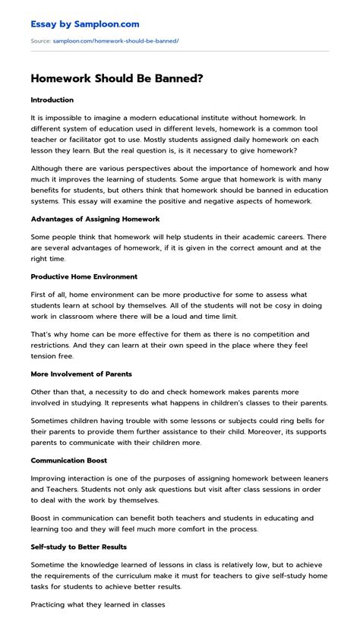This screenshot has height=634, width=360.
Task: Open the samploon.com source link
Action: [115, 40]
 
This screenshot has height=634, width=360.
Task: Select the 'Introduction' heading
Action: [52, 100]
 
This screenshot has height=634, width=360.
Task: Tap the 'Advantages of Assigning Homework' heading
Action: [95, 197]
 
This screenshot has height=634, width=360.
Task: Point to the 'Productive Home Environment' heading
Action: [84, 255]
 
